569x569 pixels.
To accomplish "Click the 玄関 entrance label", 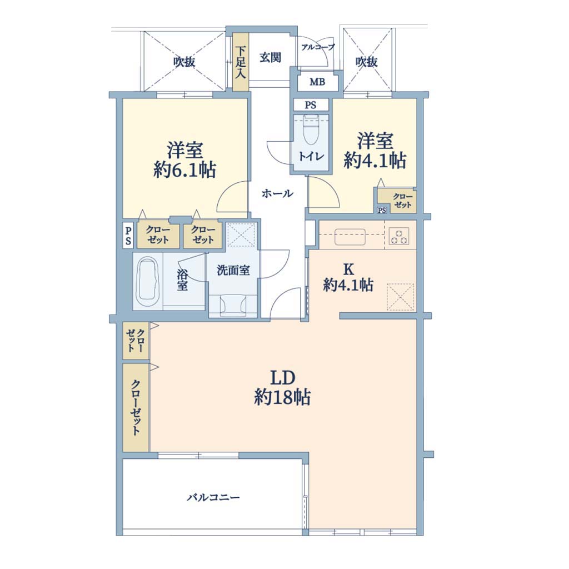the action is click(x=271, y=57).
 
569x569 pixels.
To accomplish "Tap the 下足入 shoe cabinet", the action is click(x=240, y=62).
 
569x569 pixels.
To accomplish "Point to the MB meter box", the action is click(x=317, y=82).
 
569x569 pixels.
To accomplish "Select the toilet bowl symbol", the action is click(x=311, y=130).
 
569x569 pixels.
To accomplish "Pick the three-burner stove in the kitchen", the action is click(x=399, y=236).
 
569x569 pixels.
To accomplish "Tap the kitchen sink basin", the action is click(x=350, y=237).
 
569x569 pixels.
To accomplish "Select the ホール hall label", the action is click(x=278, y=193).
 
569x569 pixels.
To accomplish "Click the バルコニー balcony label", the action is click(x=213, y=497).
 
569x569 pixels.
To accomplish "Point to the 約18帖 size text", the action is click(x=282, y=397).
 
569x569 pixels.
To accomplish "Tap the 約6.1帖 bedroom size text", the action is click(x=184, y=169).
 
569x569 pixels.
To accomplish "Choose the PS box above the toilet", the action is click(x=311, y=105).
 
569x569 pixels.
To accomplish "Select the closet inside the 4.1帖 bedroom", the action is click(x=397, y=200).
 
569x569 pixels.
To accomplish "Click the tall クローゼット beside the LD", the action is click(x=136, y=407).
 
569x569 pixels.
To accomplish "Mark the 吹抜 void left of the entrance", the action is click(x=184, y=61).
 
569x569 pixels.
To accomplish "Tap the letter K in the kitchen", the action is click(x=348, y=269).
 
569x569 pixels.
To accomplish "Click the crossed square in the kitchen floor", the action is click(x=401, y=297).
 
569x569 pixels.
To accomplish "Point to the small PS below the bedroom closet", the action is click(x=381, y=210).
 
